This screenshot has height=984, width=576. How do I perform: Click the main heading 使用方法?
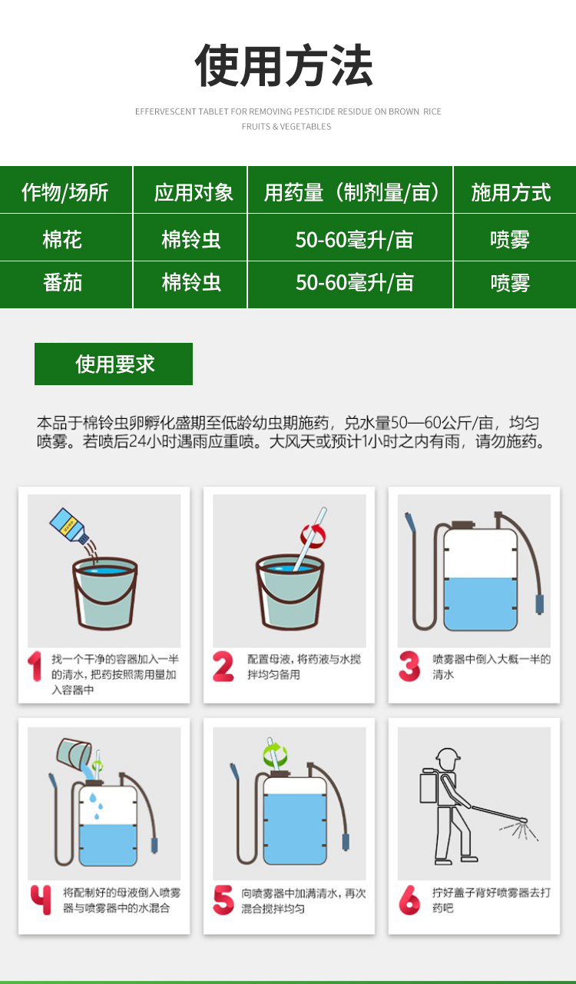click(284, 65)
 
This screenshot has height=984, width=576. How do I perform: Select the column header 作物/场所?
click(65, 192)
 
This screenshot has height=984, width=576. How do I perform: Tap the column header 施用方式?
click(511, 192)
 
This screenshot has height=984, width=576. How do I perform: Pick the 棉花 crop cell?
click(62, 240)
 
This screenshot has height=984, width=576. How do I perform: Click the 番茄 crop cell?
click(62, 282)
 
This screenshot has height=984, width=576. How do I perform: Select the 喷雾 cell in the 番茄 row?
click(510, 282)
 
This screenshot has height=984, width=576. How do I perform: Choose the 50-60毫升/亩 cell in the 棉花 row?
click(354, 240)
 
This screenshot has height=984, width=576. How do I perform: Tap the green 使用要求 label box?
click(114, 364)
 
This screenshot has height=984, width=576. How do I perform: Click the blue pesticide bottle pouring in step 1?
click(69, 527)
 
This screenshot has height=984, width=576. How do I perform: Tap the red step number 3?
click(409, 666)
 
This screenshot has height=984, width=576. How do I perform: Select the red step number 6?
click(409, 899)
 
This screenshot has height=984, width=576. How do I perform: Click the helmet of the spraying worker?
click(448, 755)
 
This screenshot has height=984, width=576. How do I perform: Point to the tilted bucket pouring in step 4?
click(74, 752)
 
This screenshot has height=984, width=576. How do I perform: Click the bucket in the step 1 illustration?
click(105, 593)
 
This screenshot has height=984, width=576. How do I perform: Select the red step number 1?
click(35, 666)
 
